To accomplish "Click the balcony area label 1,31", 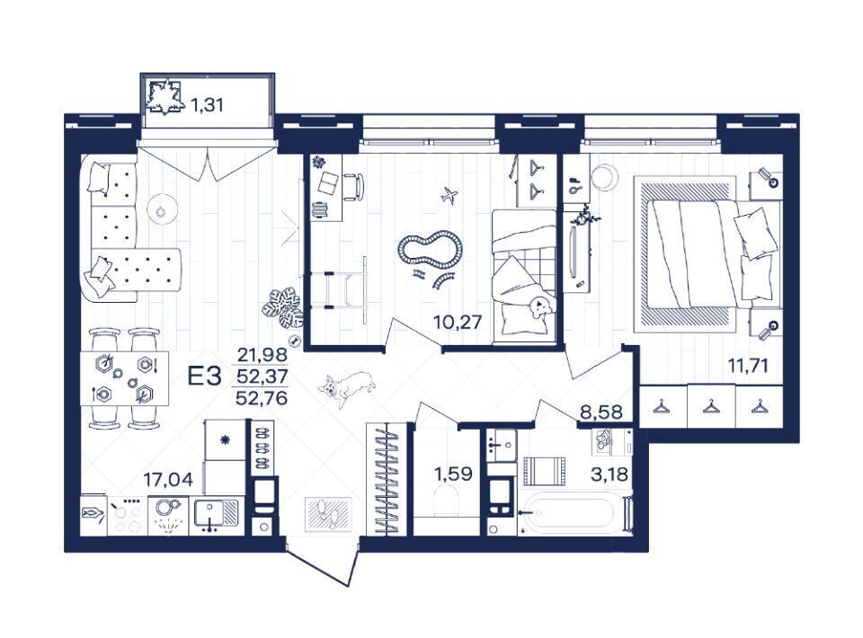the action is [x=207, y=104].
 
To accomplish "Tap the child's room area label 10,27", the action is [x=458, y=321].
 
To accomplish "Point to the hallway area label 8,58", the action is [x=602, y=412].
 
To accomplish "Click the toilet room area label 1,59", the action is [x=452, y=474].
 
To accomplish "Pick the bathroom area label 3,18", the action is [x=609, y=474].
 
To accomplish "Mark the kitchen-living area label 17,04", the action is [x=168, y=480].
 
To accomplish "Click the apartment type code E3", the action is [x=204, y=377].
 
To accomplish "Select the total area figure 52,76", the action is [x=262, y=397].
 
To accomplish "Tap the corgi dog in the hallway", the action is [x=347, y=387].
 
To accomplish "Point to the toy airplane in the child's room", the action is [x=450, y=194].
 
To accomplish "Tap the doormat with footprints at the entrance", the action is [x=329, y=513].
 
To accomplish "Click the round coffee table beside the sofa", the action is [x=162, y=209].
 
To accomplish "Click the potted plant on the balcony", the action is [x=164, y=97].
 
